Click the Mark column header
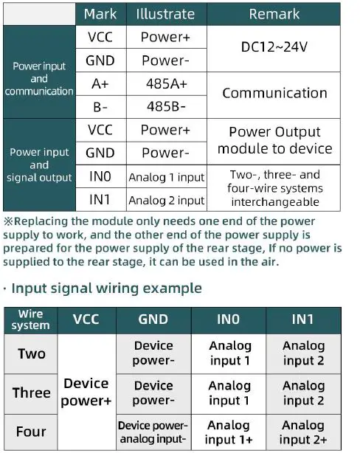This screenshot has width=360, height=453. [100, 14]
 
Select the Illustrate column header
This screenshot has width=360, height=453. [167, 14]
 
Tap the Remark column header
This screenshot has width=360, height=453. [274, 14]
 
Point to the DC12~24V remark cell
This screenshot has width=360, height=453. [274, 47]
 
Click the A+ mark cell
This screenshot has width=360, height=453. [100, 85]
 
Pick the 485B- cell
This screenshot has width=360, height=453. [167, 107]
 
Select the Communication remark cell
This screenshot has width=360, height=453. [274, 93]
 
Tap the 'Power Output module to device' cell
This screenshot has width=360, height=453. [274, 140]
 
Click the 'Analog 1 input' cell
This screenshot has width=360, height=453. [167, 177]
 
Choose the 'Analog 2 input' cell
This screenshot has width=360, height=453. [167, 200]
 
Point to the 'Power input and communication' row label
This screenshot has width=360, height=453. [39, 79]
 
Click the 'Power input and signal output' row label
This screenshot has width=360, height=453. [39, 165]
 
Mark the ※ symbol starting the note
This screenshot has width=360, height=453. [8, 221]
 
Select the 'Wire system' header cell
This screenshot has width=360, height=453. [31, 320]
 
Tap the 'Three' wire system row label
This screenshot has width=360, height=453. [31, 393]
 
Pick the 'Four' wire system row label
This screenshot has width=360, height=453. [31, 432]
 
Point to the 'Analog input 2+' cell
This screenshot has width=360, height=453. [303, 432]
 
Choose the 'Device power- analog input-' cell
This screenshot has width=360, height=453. [153, 432]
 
